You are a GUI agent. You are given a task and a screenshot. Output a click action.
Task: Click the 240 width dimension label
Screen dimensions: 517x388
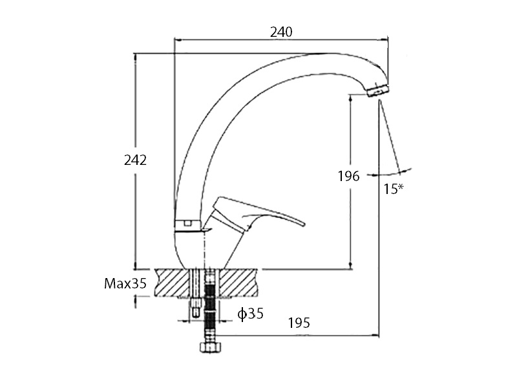281,32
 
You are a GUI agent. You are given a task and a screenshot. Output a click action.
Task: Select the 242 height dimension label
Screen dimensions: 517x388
135,160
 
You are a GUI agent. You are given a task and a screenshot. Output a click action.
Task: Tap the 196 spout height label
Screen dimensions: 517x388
348,176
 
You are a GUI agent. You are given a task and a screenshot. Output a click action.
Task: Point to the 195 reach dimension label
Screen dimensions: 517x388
299,323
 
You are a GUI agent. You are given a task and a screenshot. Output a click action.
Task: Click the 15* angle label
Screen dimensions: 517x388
394,189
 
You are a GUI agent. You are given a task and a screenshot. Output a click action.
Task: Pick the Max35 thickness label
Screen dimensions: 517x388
125,283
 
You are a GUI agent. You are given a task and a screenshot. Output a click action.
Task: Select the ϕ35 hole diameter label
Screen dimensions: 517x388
251,314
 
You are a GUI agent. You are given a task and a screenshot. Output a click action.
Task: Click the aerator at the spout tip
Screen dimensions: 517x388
378,90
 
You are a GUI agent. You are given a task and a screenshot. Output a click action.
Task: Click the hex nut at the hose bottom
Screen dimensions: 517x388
211,347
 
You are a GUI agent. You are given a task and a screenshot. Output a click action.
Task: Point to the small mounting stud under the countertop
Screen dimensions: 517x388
196,308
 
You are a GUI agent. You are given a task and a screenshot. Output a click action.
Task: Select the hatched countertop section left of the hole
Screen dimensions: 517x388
172,283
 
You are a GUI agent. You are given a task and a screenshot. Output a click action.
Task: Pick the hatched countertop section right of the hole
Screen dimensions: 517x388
237,283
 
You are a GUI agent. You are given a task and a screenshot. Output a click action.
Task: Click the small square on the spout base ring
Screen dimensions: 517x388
188,223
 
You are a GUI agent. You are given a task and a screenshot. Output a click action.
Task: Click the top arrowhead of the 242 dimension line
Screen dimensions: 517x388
134,57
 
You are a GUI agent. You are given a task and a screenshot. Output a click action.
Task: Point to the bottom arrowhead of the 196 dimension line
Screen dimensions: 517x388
350,265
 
